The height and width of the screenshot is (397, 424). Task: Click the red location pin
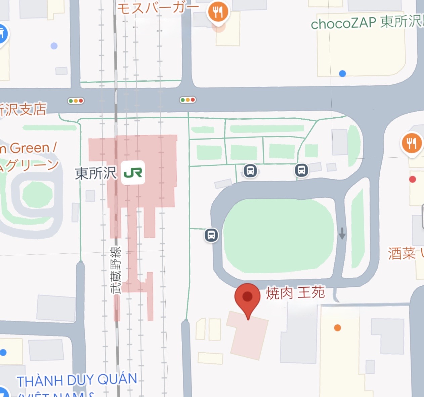tap(247, 297)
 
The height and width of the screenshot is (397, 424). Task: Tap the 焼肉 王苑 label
tap(295, 293)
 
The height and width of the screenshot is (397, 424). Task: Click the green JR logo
tap(133, 173)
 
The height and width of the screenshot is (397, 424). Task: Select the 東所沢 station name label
tap(96, 173)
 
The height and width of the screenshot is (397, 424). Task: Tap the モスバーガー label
tap(158, 8)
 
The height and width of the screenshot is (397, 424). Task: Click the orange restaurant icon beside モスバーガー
tap(218, 12)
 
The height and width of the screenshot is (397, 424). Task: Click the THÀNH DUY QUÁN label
tap(77, 380)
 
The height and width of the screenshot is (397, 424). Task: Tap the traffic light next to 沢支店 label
tap(76, 101)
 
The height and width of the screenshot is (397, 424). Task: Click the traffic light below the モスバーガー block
tap(187, 100)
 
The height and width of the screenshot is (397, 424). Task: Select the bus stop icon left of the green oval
tap(211, 235)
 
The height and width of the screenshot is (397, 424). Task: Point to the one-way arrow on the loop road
tap(342, 233)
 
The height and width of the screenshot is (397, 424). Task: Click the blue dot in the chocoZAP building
tap(342, 73)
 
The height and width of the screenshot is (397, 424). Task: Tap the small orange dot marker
tap(338, 328)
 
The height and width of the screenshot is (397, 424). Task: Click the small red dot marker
tap(413, 179)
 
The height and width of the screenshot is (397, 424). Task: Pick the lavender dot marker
tap(54, 46)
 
